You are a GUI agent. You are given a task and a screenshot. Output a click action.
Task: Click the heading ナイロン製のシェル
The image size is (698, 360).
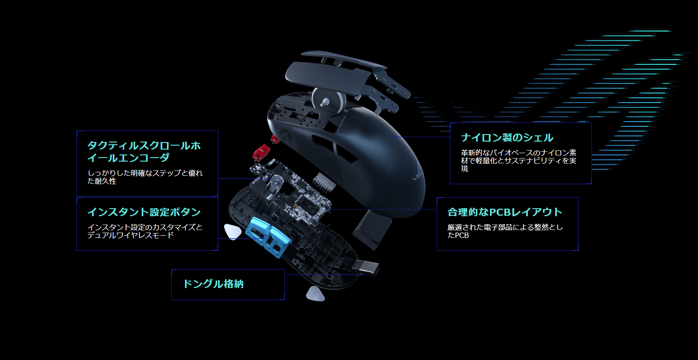click(x=507, y=138)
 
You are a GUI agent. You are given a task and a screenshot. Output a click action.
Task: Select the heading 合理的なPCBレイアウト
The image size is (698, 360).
click(x=505, y=212)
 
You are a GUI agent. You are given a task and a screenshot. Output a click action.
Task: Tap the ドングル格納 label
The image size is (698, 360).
click(x=213, y=284)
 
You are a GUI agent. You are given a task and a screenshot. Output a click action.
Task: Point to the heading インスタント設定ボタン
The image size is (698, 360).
click(x=144, y=212)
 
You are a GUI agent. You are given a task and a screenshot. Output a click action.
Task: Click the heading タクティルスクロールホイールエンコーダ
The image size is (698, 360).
click(x=144, y=151)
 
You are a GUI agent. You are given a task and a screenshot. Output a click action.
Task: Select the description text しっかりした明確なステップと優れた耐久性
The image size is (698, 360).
click(x=145, y=177)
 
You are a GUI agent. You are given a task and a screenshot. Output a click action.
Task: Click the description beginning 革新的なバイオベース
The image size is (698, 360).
click(x=519, y=161)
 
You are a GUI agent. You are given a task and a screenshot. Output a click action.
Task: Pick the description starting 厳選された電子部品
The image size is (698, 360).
click(x=505, y=231)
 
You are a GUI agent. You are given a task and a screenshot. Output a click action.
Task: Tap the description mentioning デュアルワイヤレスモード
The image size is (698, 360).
click(x=145, y=231)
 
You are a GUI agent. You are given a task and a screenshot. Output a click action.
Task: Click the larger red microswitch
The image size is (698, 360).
click(x=261, y=153)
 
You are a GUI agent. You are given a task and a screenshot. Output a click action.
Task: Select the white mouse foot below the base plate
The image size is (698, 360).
click(x=315, y=294)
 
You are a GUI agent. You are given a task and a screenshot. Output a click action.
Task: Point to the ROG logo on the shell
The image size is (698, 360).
click(x=418, y=174)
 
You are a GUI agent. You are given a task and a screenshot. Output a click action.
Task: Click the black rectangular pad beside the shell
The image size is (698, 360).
click(x=372, y=229)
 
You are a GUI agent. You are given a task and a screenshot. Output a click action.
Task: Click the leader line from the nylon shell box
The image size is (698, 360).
click(x=419, y=137)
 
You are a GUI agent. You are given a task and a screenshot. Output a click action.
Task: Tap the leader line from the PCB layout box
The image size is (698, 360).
click(x=383, y=209)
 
